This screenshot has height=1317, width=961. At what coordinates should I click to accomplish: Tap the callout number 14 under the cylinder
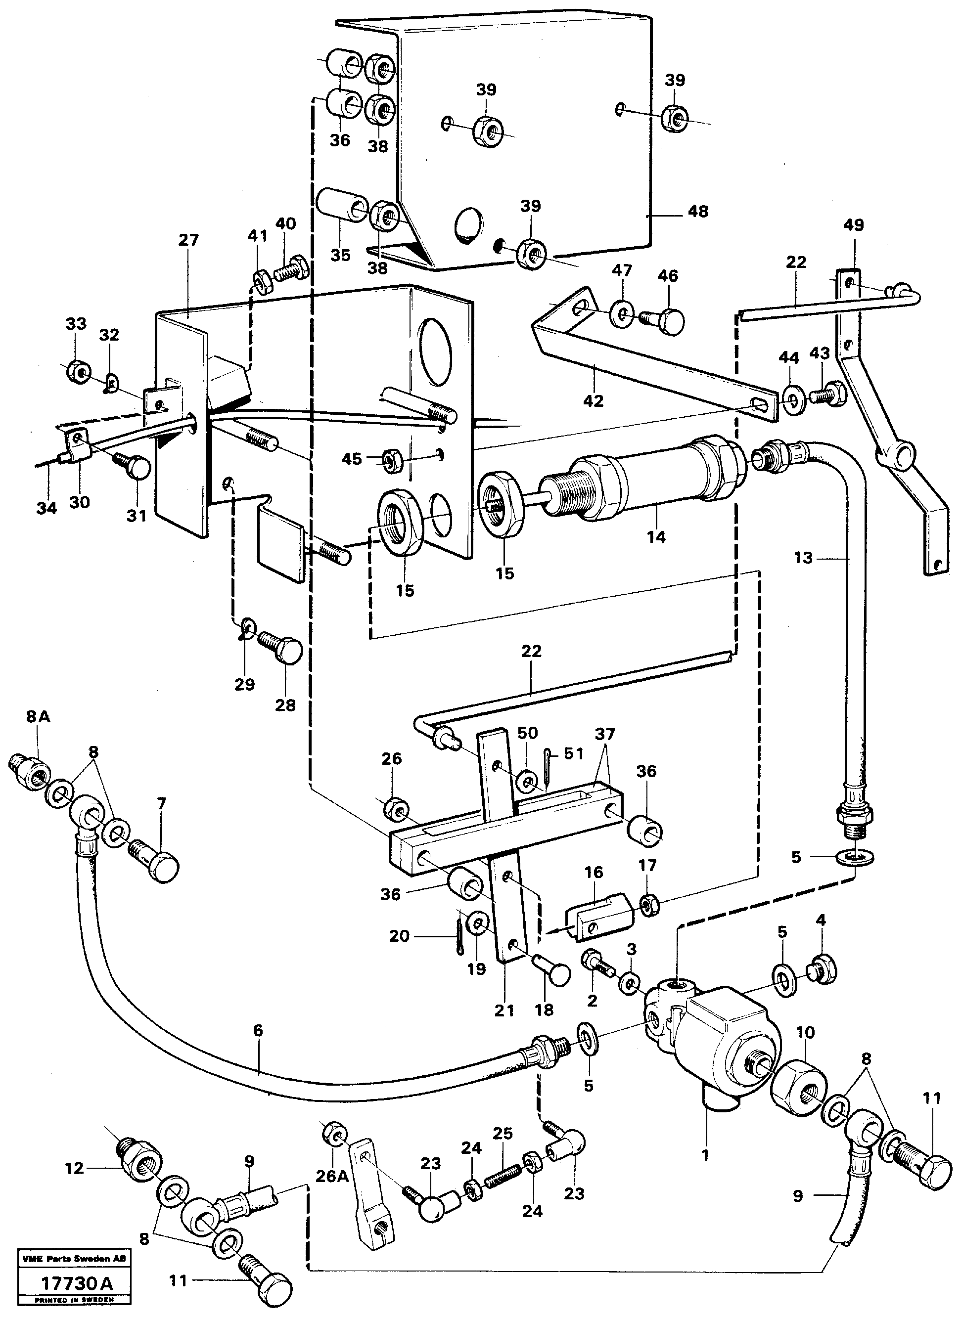click(656, 537)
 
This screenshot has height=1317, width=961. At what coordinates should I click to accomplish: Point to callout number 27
click(188, 240)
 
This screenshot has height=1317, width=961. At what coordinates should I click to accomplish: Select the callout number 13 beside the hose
click(803, 558)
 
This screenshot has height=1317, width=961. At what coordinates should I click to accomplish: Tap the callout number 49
click(853, 225)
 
